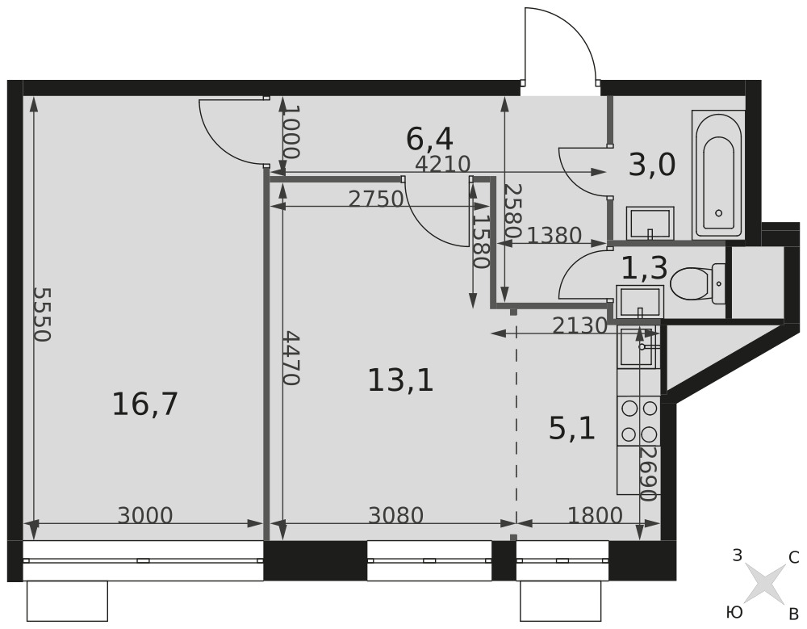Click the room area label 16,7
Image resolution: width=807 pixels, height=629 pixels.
click(x=144, y=404)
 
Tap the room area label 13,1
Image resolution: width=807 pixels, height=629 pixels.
click(x=401, y=380)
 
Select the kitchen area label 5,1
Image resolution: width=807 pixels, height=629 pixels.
click(x=572, y=429)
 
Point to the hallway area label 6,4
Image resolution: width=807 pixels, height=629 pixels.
click(x=429, y=139)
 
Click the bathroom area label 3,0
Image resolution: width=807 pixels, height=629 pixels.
click(x=652, y=166)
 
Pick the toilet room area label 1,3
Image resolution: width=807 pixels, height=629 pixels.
click(x=644, y=268)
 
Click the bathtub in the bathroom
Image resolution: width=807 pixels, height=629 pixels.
click(x=718, y=174)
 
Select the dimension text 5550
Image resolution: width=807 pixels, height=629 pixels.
click(x=42, y=314)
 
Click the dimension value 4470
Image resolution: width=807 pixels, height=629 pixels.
click(x=291, y=358)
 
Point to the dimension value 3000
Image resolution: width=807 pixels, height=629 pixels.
click(x=145, y=514)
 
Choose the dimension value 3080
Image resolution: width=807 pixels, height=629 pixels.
click(x=395, y=514)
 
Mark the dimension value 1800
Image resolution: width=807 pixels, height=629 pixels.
click(x=595, y=514)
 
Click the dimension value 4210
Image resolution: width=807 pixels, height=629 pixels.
click(x=442, y=164)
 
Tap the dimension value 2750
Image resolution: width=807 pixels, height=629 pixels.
click(x=376, y=199)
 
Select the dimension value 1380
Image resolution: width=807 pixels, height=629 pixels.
click(x=554, y=236)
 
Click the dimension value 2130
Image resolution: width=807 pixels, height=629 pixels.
click(x=580, y=325)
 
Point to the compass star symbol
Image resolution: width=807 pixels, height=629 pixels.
click(x=766, y=583)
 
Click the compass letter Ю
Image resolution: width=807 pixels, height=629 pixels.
click(x=734, y=612)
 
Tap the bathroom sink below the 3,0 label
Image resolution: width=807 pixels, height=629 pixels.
click(x=650, y=223)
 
